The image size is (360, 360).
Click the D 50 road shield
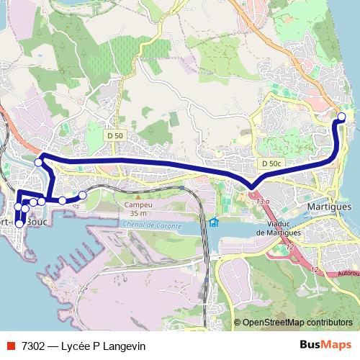[114, 135]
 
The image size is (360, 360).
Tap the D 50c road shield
[271, 163]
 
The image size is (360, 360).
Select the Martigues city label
[328, 205]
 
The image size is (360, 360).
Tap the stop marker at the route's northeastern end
[341, 117]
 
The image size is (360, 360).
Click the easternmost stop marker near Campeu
[82, 195]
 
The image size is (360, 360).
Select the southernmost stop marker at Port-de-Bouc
[19, 224]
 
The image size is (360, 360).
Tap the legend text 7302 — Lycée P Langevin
[84, 346]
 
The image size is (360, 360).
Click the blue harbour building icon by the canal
[214, 221]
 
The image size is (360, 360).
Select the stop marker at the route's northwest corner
[38, 163]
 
